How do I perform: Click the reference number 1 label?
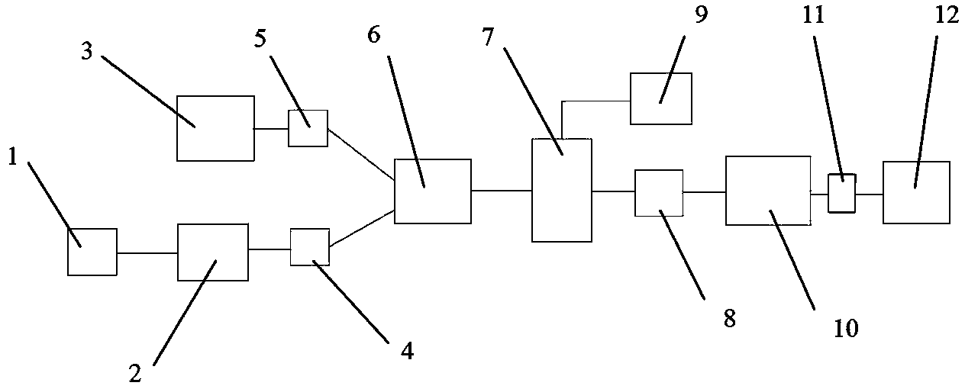click(12, 156)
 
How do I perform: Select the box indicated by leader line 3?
click(215, 128)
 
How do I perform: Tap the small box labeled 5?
click(308, 127)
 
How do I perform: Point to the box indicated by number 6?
click(432, 191)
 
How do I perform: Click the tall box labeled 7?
click(562, 190)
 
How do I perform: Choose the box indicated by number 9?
click(660, 98)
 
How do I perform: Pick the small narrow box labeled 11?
click(842, 192)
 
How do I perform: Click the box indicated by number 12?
click(916, 192)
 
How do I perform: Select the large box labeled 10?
click(767, 191)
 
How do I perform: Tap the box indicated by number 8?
click(659, 192)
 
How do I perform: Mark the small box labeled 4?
click(310, 247)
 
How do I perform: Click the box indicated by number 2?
click(212, 252)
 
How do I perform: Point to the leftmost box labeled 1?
click(92, 252)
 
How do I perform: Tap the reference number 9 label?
click(701, 17)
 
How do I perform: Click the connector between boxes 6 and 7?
click(502, 191)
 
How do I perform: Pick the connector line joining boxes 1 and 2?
click(147, 252)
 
